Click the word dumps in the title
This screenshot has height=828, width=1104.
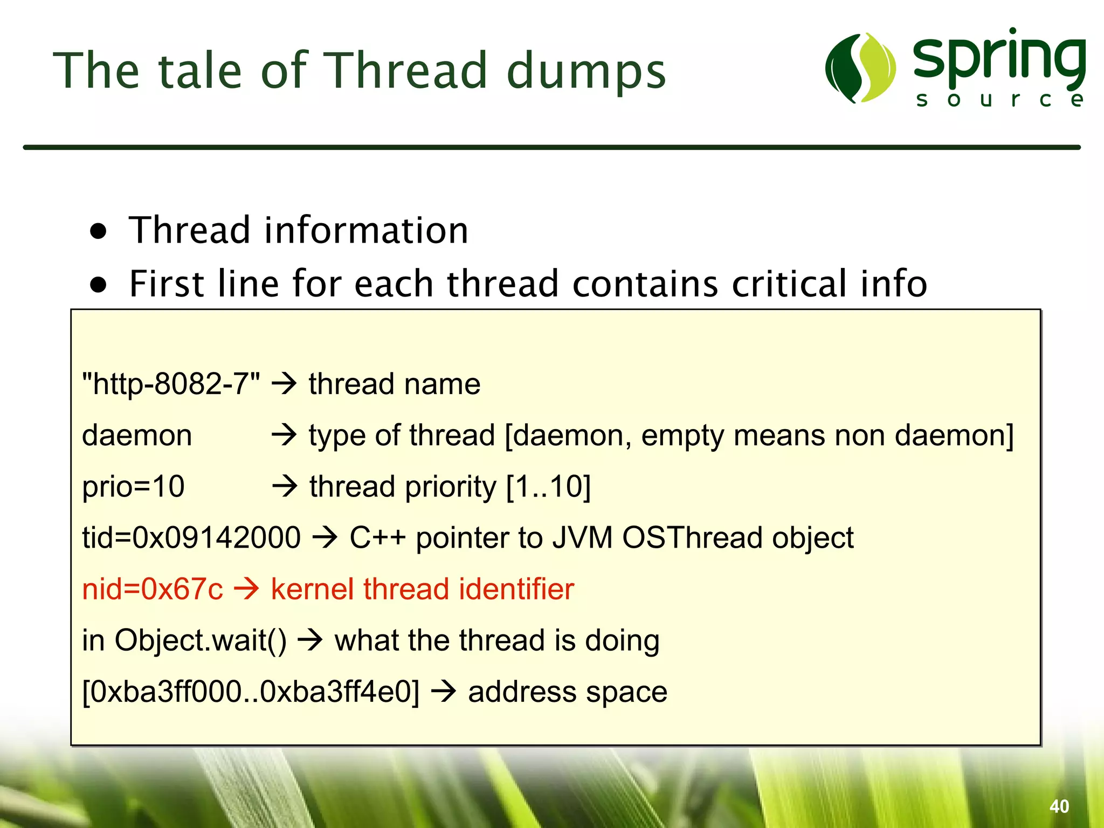pyautogui.click(x=586, y=73)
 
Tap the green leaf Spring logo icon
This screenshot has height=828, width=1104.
pyautogui.click(x=860, y=68)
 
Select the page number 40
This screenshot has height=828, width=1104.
pyautogui.click(x=1059, y=806)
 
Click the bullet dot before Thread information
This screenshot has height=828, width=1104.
pyautogui.click(x=98, y=232)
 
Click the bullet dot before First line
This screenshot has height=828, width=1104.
pyautogui.click(x=98, y=284)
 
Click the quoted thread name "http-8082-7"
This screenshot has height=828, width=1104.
pyautogui.click(x=171, y=384)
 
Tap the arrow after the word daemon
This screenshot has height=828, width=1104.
pyautogui.click(x=285, y=435)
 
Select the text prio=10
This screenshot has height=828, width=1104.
pyautogui.click(x=133, y=487)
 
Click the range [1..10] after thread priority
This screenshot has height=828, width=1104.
pyautogui.click(x=549, y=487)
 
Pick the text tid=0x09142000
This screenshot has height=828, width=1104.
pyautogui.click(x=191, y=538)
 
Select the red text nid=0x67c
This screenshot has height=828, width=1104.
pyautogui.click(x=152, y=589)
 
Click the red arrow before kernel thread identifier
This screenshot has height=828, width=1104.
pyautogui.click(x=247, y=589)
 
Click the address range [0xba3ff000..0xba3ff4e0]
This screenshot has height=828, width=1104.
pyautogui.click(x=251, y=692)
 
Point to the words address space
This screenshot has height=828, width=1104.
pyautogui.click(x=568, y=692)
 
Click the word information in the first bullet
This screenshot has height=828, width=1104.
pyautogui.click(x=366, y=231)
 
